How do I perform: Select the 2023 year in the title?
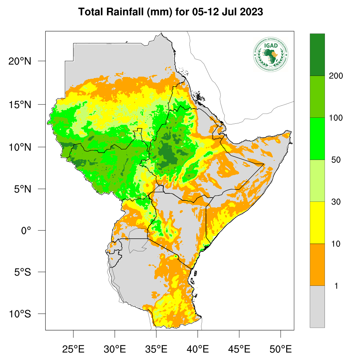coord(251,12)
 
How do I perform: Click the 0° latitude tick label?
coord(26,231)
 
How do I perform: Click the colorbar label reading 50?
coord(336,160)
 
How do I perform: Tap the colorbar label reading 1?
coord(336,286)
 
